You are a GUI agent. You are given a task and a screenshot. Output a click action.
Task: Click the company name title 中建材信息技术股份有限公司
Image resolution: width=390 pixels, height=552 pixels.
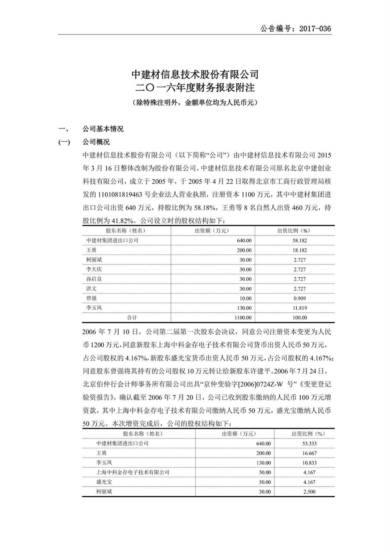coord(195,74)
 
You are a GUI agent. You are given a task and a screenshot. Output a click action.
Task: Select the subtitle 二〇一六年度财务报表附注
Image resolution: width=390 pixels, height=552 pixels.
coord(195,88)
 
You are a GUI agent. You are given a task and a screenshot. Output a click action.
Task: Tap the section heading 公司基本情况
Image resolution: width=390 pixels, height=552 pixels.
coord(103,129)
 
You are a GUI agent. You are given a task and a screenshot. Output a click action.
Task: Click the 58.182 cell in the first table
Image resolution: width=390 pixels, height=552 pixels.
coord(300,241)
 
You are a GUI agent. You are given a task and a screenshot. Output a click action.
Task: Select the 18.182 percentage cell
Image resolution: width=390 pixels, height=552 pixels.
coord(300,250)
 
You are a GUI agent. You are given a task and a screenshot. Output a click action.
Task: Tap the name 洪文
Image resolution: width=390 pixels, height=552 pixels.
coord(91,289)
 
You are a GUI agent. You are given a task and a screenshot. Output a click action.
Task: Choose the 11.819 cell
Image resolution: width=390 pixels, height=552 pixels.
coord(300,308)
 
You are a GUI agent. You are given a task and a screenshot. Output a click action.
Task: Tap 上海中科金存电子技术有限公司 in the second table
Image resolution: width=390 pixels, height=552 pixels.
coord(133,472)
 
